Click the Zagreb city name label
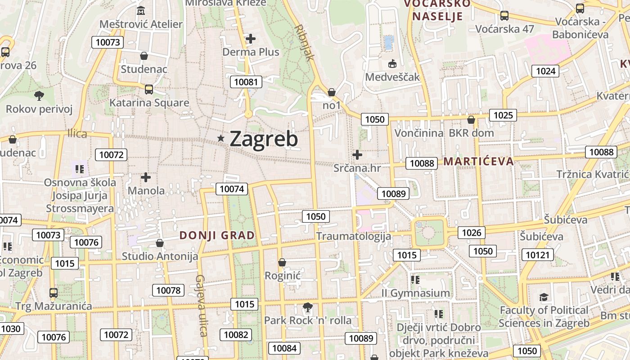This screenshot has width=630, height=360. [264, 139]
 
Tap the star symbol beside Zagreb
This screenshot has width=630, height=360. [221, 138]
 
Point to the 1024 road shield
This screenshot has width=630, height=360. [545, 71]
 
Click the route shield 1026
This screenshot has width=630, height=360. [471, 233]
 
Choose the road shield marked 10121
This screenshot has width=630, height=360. [538, 255]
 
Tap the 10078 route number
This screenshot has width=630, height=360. [168, 290]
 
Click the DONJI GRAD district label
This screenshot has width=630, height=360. [217, 235]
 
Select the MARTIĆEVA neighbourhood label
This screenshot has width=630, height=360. [478, 161]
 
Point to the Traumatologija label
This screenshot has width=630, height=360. [353, 236]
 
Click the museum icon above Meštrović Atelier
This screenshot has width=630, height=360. [141, 10]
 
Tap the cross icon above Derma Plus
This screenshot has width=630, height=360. [251, 39]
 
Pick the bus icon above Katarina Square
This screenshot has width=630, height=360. [148, 89]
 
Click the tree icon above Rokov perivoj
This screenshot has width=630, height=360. [39, 95]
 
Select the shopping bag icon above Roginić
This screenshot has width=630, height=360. [282, 262]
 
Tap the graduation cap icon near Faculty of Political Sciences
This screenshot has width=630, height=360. [544, 297]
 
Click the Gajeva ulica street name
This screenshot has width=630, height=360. [201, 306]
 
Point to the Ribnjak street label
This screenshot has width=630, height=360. [304, 42]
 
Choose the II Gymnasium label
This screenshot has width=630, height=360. [415, 293]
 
